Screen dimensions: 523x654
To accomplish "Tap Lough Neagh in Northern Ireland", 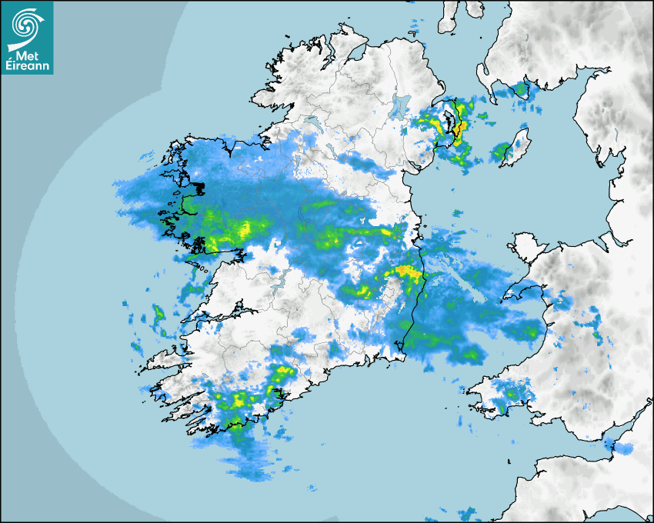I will [400, 105].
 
